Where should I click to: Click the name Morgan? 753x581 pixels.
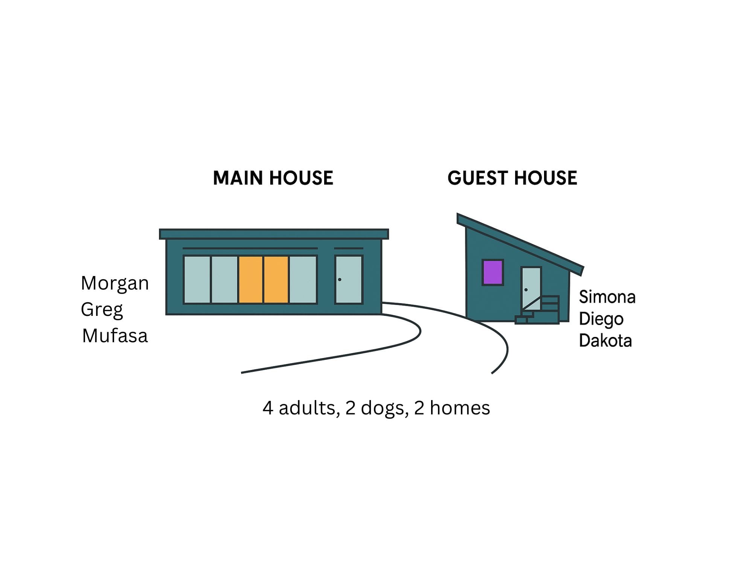pos(115,284)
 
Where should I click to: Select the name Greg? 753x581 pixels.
pos(102,310)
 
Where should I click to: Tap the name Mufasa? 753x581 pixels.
pos(115,336)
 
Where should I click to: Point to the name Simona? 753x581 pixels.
pos(607,297)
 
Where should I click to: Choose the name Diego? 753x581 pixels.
pos(601,319)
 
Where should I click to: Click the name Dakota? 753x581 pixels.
pos(605,341)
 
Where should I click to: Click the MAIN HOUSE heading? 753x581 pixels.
pos(273,178)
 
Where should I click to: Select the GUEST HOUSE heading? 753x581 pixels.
pos(512,178)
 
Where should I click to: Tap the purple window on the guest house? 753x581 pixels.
pos(492,272)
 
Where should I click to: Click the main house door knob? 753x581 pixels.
pos(340,279)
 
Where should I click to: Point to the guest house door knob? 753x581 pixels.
pos(526,290)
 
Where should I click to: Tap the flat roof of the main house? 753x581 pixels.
pos(274,234)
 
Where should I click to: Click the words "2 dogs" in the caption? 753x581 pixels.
pos(376,408)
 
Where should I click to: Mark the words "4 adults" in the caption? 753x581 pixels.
pos(299,408)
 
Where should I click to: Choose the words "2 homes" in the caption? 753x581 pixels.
pos(452,408)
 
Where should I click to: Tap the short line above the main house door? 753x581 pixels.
pos(349,248)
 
